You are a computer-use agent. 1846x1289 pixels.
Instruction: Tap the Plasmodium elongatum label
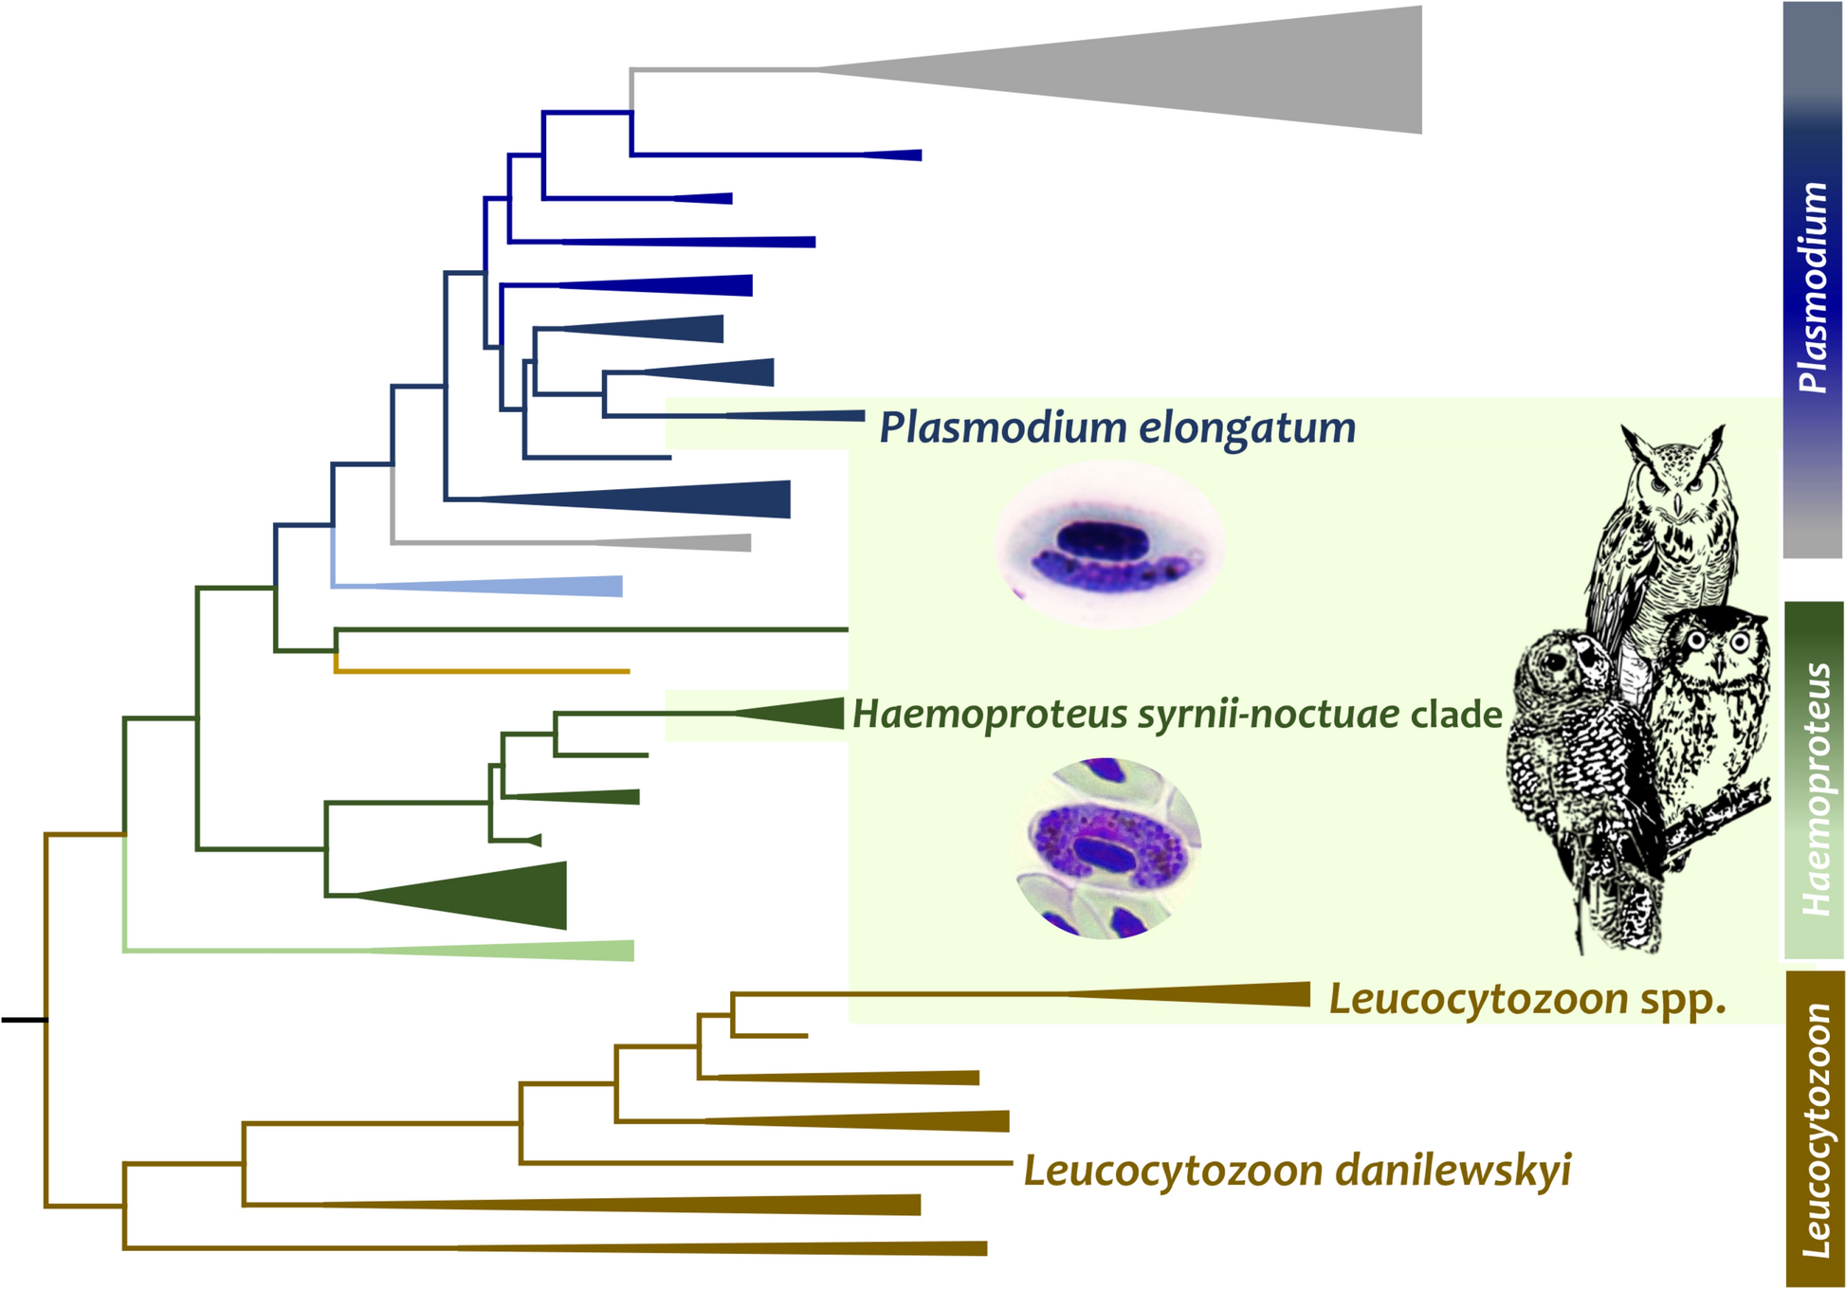coord(1117,427)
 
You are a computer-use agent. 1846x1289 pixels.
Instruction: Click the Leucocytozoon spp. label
coord(1526,999)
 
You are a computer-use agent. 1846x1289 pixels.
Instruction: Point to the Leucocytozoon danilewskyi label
coord(1297,1171)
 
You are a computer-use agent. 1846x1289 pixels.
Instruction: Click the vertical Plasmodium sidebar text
coord(1813,286)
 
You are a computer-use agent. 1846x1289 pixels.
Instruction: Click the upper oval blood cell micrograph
coord(1109,545)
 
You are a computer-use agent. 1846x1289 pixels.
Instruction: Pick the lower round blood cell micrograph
coord(1107,847)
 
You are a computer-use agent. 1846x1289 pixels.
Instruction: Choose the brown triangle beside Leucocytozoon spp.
coord(1233,994)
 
